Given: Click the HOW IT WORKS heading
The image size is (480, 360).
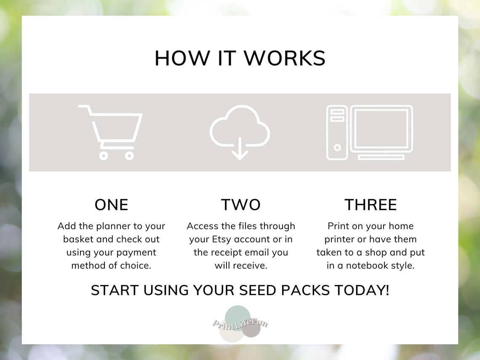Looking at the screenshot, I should point(240,58).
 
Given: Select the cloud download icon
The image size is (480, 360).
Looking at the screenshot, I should point(240,131).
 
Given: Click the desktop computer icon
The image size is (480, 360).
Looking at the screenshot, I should point(369,132).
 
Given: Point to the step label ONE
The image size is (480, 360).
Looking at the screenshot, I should point(111,205).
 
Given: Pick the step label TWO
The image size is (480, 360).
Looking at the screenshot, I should point(240,205).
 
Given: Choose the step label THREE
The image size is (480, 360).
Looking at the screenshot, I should point(371,205).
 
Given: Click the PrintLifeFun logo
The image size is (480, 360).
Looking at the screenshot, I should point(240,323).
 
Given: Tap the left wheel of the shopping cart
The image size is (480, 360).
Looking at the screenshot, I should point(104,155).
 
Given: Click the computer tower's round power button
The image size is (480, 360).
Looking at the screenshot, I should point(337,148).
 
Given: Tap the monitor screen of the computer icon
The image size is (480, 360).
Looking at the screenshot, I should point(381,128).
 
